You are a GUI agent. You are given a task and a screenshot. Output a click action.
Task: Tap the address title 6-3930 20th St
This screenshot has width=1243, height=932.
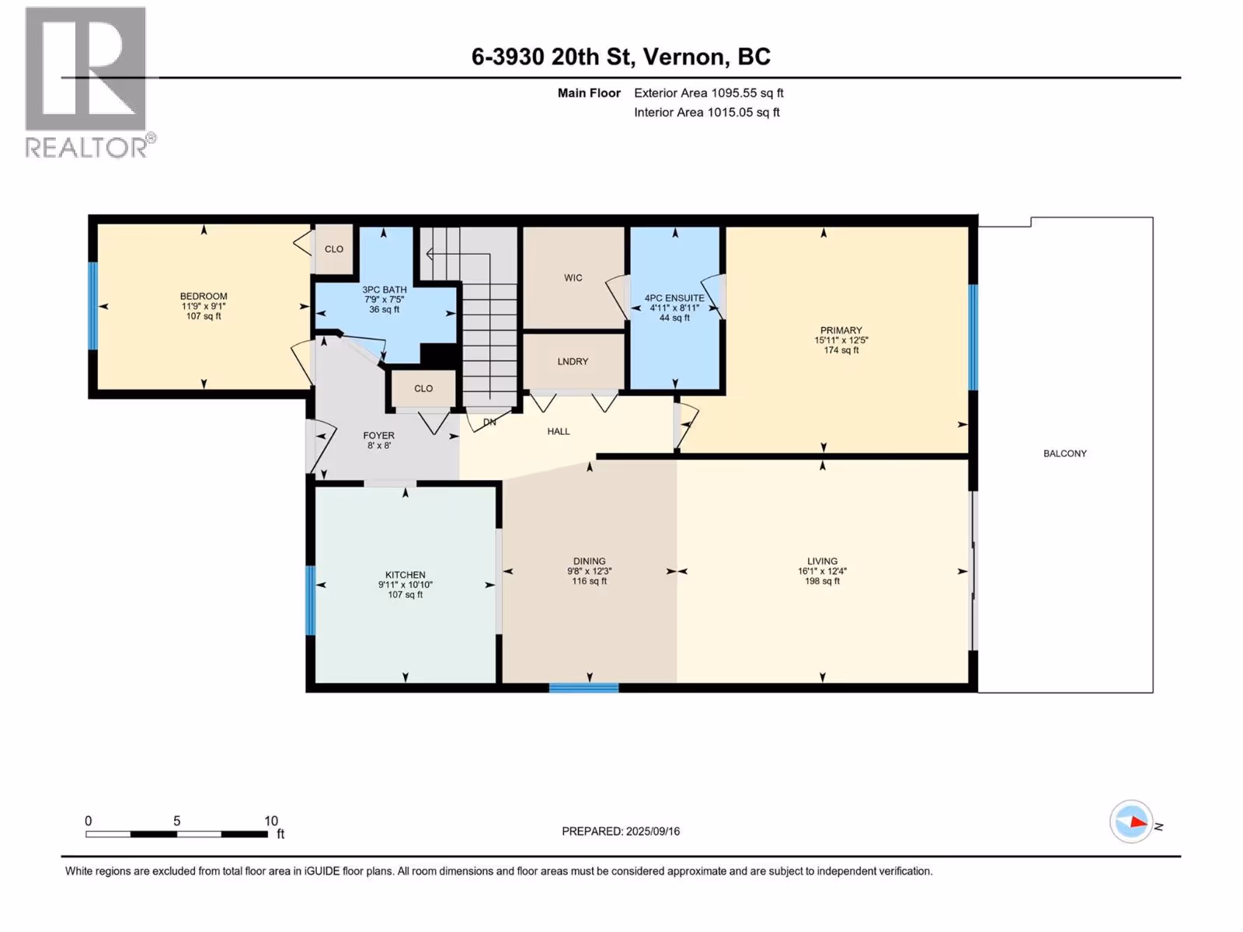tap(552, 57)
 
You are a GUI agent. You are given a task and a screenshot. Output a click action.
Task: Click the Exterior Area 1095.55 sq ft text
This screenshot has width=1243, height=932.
tap(709, 92)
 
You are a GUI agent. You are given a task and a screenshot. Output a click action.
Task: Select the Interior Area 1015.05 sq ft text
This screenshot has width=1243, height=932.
tap(707, 112)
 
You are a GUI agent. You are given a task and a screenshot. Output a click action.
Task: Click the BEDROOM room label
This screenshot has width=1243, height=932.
tap(204, 296)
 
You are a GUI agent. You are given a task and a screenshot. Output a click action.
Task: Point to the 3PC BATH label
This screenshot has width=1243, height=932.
tap(385, 290)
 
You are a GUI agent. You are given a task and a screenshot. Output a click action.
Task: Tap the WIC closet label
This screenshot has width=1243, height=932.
tap(573, 278)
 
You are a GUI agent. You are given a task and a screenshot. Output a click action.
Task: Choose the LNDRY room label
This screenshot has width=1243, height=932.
tap(573, 362)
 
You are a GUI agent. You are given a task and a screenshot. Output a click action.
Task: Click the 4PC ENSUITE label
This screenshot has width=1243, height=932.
tap(674, 298)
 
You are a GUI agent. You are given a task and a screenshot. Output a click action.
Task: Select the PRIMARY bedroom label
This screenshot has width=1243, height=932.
tap(841, 331)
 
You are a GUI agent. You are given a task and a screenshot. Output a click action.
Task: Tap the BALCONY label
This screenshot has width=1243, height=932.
tap(1065, 454)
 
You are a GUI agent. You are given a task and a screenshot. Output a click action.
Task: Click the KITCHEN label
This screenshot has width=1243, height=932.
tap(406, 575)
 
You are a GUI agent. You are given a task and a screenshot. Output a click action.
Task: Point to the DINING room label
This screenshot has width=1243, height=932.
tap(589, 562)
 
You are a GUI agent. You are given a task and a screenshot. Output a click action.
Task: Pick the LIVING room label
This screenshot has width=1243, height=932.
tap(822, 562)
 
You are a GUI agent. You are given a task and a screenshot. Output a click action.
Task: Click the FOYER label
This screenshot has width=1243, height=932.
tap(379, 436)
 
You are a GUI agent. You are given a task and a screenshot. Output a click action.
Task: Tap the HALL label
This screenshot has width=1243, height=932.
tap(559, 432)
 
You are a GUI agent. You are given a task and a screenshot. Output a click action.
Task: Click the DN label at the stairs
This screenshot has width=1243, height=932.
tap(490, 423)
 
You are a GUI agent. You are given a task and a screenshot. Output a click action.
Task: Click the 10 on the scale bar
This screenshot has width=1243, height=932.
tap(271, 820)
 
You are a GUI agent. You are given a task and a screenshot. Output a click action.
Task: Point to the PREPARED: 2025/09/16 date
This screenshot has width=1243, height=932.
tap(621, 831)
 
